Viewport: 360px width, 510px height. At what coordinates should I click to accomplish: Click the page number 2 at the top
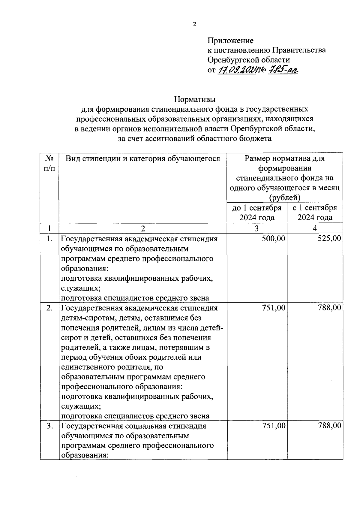(194, 25)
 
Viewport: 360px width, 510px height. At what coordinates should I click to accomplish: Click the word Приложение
(230, 41)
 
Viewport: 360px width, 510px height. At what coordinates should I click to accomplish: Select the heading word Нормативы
(195, 99)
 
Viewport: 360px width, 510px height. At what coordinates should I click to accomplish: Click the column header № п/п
(49, 163)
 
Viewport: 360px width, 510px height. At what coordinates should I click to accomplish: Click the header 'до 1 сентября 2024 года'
(257, 213)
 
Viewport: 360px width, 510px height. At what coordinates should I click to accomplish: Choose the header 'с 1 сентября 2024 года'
(315, 213)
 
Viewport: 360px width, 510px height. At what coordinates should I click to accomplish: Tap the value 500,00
(273, 239)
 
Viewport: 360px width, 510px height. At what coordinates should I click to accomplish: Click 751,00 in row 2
(273, 308)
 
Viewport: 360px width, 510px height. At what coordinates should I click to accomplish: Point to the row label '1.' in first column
(50, 239)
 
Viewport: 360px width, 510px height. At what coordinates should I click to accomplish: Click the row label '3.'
(50, 426)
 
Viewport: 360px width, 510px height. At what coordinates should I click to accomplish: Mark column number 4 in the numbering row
(315, 228)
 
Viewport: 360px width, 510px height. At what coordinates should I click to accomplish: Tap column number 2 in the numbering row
(143, 229)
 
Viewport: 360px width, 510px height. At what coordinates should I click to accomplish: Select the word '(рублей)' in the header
(284, 198)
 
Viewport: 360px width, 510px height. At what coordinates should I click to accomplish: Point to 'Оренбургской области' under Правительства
(249, 60)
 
